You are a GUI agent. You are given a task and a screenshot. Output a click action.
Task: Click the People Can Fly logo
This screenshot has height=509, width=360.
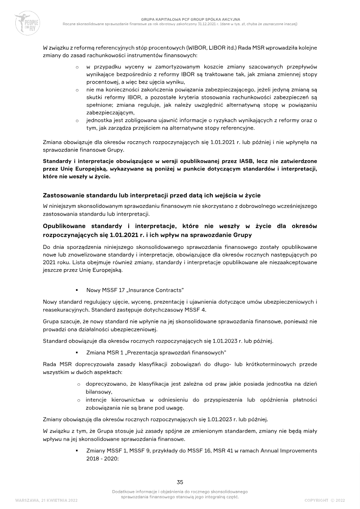click(28, 22)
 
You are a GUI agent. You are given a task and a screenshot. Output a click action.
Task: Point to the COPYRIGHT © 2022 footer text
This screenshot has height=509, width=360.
click(324, 500)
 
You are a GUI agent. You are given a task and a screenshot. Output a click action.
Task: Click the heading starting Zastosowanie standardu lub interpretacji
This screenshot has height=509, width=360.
click(152, 195)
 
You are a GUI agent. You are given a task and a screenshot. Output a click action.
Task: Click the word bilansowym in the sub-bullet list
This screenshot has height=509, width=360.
click(98, 392)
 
